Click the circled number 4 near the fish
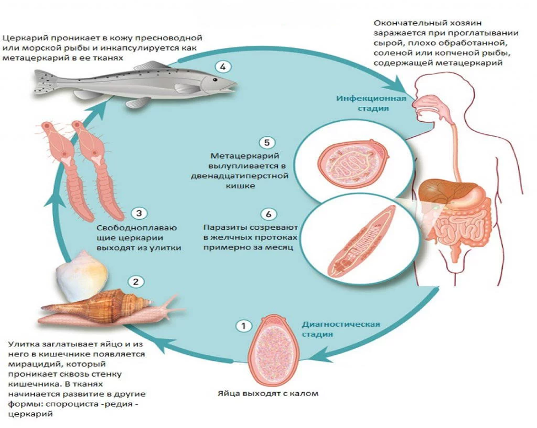pyautogui.click(x=223, y=66)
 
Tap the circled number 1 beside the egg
pyautogui.click(x=244, y=326)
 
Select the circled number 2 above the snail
pyautogui.click(x=136, y=282)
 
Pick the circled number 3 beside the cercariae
pyautogui.click(x=139, y=213)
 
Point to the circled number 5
pyautogui.click(x=267, y=142)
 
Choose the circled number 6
pyautogui.click(x=268, y=214)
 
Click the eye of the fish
pyautogui.click(x=214, y=79)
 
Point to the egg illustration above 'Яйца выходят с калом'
pyautogui.click(x=273, y=349)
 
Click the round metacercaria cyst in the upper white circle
pyautogui.click(x=353, y=165)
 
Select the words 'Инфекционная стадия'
pyautogui.click(x=371, y=104)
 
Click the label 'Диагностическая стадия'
pyautogui.click(x=341, y=329)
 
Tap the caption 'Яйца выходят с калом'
pyautogui.click(x=268, y=393)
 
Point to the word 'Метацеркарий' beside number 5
pyautogui.click(x=245, y=156)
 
